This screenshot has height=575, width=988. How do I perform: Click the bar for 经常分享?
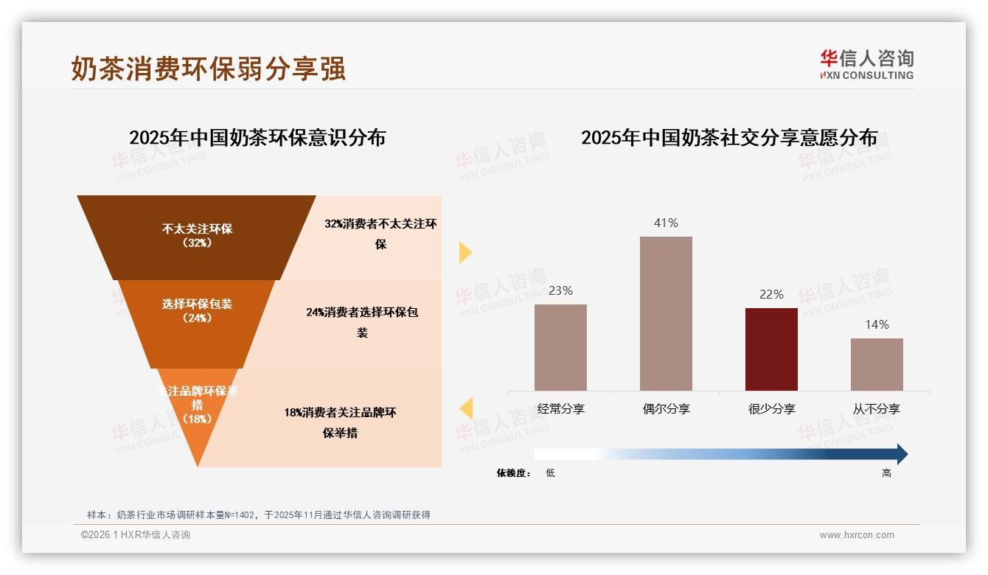point(560,347)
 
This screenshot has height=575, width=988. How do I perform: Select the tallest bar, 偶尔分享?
point(666,313)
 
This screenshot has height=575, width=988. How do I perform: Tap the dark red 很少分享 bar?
point(771,349)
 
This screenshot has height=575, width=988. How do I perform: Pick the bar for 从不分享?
point(877,364)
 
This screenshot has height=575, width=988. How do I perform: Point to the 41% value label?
point(666,223)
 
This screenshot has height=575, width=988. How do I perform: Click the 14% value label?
point(877,324)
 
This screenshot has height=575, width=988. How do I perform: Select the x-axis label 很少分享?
point(771,409)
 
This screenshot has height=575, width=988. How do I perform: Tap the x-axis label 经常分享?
point(560,409)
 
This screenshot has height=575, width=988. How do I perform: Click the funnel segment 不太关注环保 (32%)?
point(197,236)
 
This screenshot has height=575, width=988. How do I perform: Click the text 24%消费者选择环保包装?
point(362,322)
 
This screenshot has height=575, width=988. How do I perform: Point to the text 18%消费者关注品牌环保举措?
point(340,422)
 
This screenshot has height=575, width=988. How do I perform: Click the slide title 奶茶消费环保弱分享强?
point(208,69)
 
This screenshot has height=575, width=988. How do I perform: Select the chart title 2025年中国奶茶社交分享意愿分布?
point(729,138)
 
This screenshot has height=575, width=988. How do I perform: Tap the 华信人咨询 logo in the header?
point(866,64)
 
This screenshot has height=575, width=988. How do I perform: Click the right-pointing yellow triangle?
point(465,252)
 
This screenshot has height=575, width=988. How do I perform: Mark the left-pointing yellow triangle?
point(466,408)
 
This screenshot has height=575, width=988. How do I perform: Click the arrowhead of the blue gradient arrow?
point(902,454)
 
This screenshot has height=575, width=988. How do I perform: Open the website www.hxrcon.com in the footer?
point(857,535)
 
